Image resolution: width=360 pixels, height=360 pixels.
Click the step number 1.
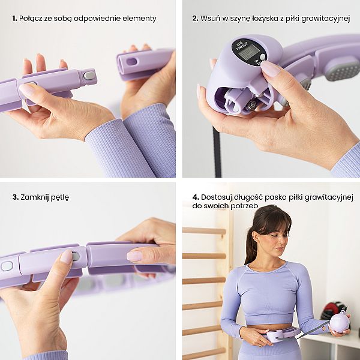14,19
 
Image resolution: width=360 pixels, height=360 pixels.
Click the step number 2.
195,19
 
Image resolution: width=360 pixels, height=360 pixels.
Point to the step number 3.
16,197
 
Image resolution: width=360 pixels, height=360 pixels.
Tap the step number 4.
196,197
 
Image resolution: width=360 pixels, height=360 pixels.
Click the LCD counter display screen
248,52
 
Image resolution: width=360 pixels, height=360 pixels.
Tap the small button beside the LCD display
262,57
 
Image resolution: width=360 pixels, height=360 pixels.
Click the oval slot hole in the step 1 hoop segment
132,62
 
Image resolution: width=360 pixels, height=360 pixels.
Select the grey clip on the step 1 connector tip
89,76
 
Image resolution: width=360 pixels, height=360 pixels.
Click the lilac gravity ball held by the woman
340,323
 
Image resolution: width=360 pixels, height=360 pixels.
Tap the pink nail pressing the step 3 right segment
134,256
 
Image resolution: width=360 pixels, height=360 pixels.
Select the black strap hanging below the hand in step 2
217,152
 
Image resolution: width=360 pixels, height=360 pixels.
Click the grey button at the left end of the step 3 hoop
7,266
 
